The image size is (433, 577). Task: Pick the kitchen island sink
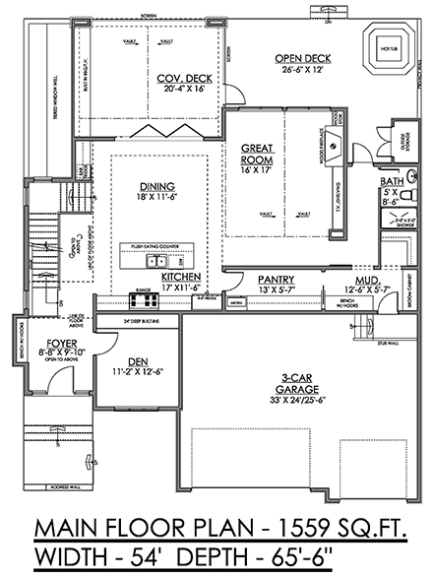(155, 262)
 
